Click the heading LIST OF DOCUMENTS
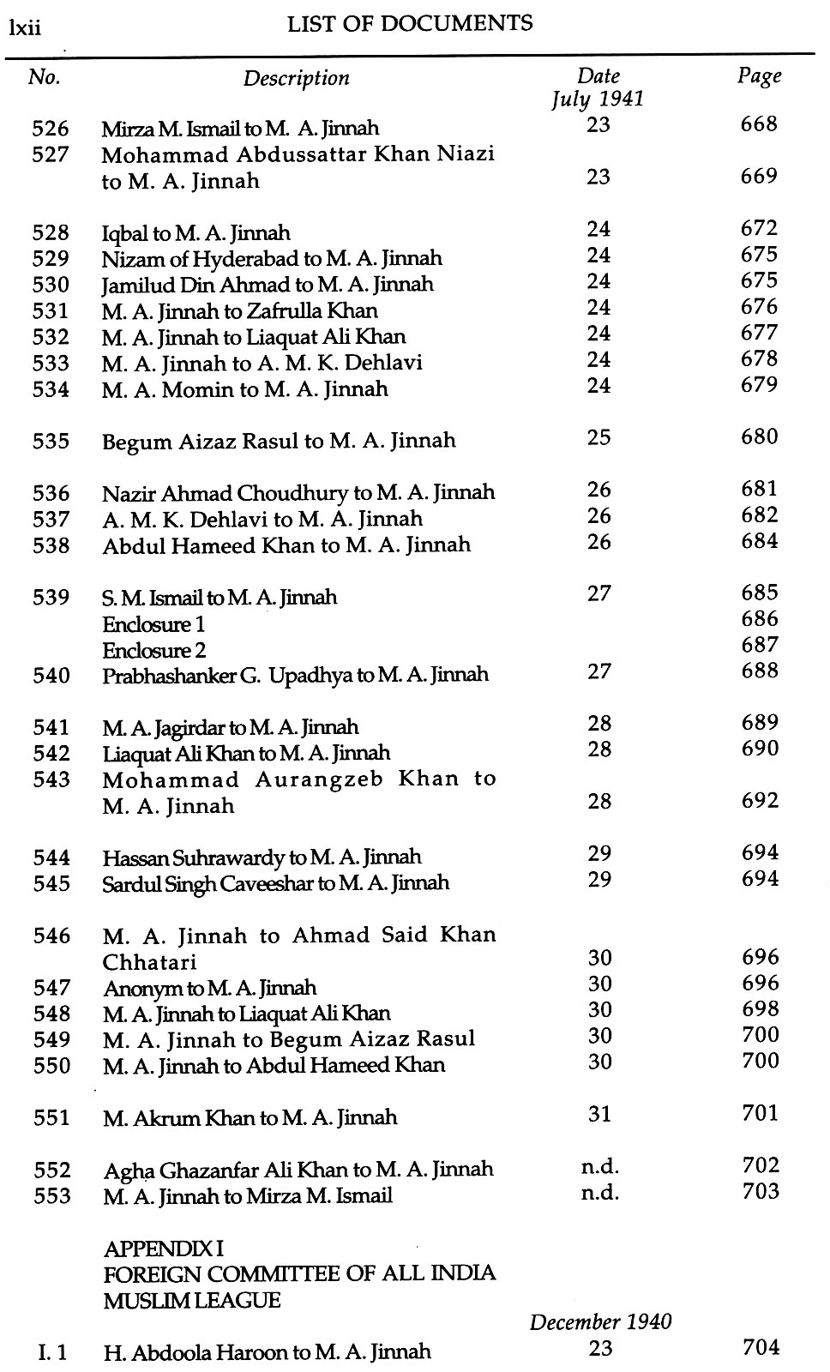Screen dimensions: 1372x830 click(410, 24)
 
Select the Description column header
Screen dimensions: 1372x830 click(296, 79)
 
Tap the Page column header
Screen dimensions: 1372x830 click(759, 75)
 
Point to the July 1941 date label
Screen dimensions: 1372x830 click(597, 99)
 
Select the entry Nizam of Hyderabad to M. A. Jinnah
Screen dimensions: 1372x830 click(272, 258)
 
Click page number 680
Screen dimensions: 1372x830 click(759, 437)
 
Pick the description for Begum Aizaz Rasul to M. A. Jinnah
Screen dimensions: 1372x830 click(279, 441)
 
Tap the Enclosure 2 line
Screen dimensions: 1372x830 click(154, 650)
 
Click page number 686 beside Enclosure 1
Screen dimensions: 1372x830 click(759, 619)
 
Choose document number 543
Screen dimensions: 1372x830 click(51, 780)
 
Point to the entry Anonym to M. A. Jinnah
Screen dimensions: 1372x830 click(209, 988)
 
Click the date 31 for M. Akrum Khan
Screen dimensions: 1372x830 click(599, 1114)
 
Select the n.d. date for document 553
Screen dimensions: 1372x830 click(599, 1193)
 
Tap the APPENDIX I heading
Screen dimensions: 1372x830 click(163, 1248)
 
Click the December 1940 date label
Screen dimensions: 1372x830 click(600, 1321)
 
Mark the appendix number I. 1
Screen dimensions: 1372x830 click(52, 1353)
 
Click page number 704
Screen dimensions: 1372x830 click(761, 1348)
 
